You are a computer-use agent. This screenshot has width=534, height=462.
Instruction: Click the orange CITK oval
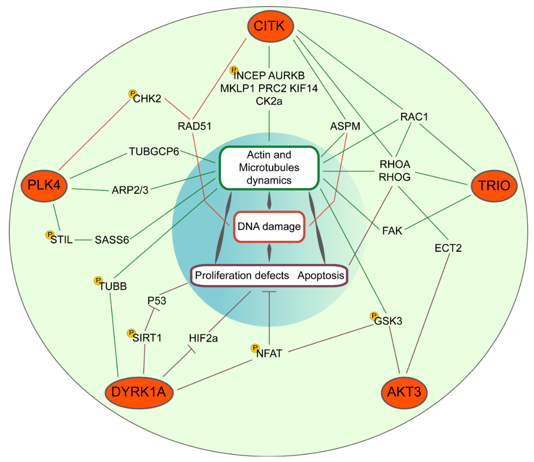(270, 26)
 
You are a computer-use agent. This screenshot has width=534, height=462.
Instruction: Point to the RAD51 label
(195, 126)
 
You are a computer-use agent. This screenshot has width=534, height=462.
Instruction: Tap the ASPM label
(345, 126)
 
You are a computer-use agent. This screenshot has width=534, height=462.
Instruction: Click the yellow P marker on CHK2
(132, 94)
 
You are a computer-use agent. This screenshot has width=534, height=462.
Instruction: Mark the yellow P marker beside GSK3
(374, 316)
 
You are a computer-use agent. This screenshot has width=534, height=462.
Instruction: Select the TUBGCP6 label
(154, 152)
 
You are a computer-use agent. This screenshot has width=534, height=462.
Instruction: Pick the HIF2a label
(203, 338)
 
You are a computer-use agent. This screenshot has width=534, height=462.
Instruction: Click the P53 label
(157, 301)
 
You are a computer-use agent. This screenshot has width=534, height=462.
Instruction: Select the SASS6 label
(112, 240)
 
